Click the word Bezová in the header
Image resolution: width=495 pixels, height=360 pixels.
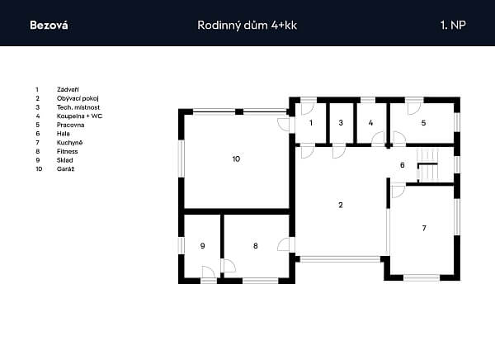(x=49, y=25)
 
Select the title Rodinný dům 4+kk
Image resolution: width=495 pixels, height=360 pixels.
(x=247, y=26)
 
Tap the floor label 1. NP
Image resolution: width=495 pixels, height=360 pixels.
(x=453, y=25)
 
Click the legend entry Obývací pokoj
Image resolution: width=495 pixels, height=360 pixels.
(x=78, y=98)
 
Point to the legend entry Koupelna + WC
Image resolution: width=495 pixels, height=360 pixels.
(x=79, y=116)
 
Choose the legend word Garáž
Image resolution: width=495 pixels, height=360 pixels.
(x=66, y=168)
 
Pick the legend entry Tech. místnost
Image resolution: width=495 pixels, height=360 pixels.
(x=78, y=107)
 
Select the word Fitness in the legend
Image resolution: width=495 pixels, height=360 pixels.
(x=68, y=151)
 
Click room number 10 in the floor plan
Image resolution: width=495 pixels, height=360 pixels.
(x=236, y=159)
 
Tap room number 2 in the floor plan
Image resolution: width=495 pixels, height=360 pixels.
(x=340, y=205)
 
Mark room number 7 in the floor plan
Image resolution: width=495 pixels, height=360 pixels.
(x=424, y=228)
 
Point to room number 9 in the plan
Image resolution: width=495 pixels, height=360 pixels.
(x=203, y=245)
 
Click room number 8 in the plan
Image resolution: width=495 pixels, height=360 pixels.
(x=256, y=245)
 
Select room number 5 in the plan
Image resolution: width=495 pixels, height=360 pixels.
(x=424, y=123)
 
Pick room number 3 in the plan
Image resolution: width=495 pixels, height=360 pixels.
(x=341, y=123)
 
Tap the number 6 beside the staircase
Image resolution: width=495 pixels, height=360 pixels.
(x=403, y=165)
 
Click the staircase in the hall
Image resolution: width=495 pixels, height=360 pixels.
(x=427, y=165)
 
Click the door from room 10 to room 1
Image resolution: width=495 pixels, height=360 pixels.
(x=284, y=125)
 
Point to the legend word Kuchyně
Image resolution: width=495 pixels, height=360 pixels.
(x=70, y=143)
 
